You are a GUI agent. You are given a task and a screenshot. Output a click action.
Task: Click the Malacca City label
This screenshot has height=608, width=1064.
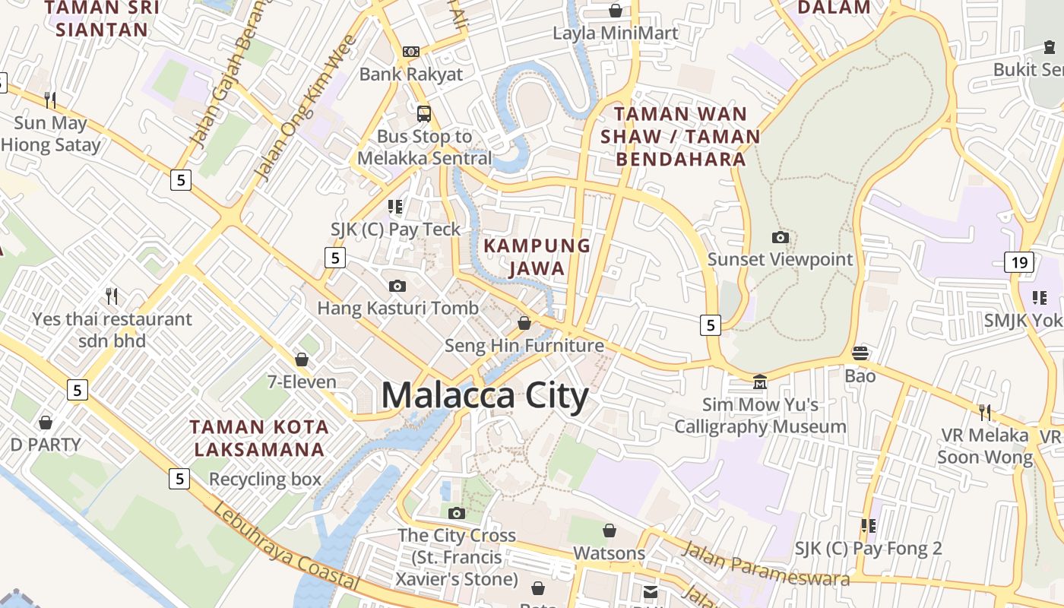pos(484,396)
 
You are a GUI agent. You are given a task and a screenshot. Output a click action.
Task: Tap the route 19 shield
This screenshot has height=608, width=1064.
pos(1018,263)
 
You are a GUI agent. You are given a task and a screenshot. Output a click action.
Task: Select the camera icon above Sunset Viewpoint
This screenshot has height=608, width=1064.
pos(780,238)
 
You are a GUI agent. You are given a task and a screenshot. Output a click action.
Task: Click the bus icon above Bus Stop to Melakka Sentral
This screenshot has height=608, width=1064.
pos(424,114)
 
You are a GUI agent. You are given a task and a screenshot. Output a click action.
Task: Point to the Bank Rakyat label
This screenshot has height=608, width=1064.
pos(410,74)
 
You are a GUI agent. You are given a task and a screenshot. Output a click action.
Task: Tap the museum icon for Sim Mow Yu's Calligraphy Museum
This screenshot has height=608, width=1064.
pos(759,382)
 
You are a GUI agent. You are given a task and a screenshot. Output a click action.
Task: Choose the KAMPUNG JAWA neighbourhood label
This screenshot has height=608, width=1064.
pos(537,256)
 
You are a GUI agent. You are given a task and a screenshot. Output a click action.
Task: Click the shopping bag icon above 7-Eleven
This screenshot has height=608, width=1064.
pos(302,359)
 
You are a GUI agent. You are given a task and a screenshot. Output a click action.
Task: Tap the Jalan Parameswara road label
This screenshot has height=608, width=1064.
pos(765,563)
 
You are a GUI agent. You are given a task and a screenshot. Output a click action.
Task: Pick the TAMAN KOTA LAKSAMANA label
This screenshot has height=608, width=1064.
pos(259,439)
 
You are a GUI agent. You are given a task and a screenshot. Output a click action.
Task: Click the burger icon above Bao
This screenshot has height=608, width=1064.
pos(860,353)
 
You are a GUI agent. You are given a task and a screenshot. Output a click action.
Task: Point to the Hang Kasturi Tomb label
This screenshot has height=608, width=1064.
pos(397,308)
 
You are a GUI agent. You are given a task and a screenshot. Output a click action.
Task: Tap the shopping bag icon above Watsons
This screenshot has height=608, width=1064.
pos(609,530)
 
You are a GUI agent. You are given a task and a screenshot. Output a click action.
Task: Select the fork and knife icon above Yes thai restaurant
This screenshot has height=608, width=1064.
pos(112,295)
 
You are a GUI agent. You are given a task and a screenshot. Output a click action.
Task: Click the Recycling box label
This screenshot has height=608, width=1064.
pos(265,480)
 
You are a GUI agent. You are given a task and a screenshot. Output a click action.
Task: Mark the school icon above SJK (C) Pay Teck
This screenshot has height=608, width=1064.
pos(395,207)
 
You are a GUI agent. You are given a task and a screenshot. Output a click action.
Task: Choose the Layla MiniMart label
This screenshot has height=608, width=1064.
pos(616,33)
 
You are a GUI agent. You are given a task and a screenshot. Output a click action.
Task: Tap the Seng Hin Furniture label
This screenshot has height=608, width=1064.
pos(524,346)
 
